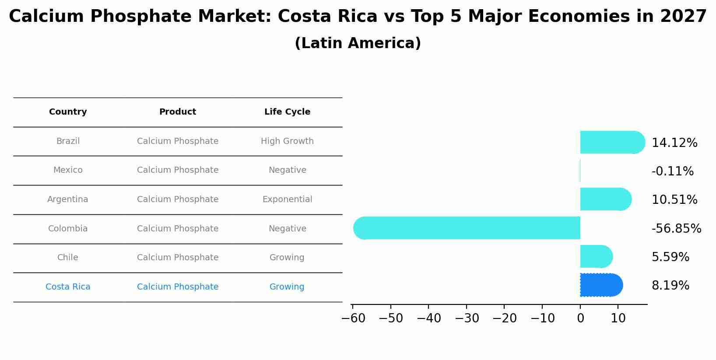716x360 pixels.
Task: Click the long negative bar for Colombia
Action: (x=467, y=228)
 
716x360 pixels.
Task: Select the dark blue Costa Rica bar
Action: (x=601, y=285)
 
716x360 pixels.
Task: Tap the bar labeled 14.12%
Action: (x=612, y=142)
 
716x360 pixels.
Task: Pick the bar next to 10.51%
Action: (x=605, y=199)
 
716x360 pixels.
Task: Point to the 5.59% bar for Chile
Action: (x=596, y=256)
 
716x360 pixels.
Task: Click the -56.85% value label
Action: (x=676, y=228)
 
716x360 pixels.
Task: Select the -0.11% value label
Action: (x=672, y=171)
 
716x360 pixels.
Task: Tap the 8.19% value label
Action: (x=670, y=285)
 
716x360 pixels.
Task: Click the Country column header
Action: (x=68, y=112)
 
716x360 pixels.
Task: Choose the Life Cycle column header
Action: (x=287, y=112)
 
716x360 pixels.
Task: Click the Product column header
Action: (x=177, y=112)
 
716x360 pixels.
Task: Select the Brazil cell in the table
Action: (x=68, y=141)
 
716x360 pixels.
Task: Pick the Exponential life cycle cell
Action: (x=287, y=199)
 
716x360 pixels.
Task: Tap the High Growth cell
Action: (x=287, y=141)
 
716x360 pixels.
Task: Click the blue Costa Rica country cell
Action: (x=68, y=287)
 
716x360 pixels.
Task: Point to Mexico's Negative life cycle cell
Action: (x=287, y=170)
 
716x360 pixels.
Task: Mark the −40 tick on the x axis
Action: (x=428, y=318)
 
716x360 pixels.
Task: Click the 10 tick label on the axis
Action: (x=618, y=318)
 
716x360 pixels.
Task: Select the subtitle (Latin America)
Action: (x=358, y=43)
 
